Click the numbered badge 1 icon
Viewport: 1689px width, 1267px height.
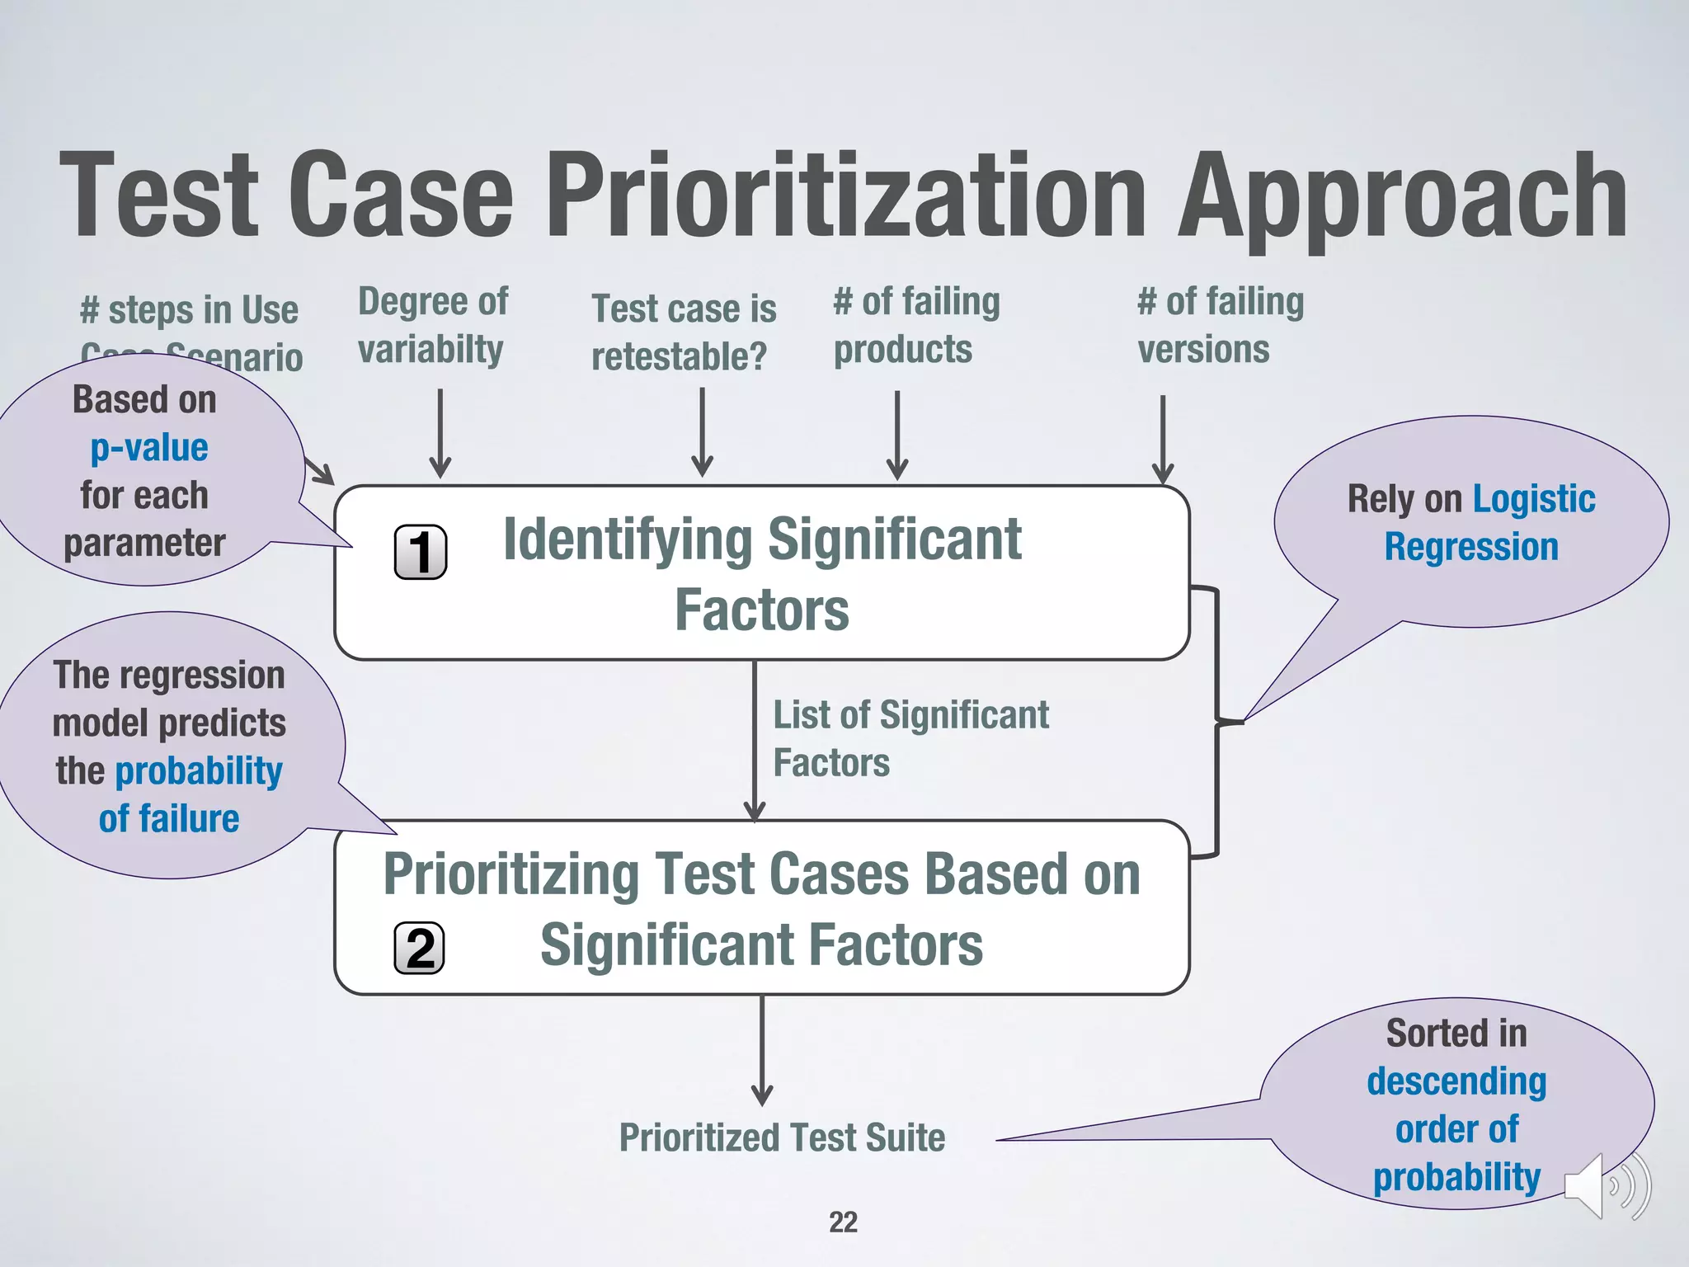pyautogui.click(x=421, y=552)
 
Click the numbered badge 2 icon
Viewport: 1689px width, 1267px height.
pyautogui.click(x=419, y=948)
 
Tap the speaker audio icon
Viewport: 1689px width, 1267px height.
pyautogui.click(x=1607, y=1186)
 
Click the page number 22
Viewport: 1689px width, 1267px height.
pyautogui.click(x=843, y=1222)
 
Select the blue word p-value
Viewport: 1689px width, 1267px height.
pyautogui.click(x=149, y=448)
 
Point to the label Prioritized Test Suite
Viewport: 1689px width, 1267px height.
pyautogui.click(x=782, y=1137)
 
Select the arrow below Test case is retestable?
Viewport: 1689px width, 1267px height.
pyautogui.click(x=702, y=432)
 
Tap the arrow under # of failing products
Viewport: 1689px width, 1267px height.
pyautogui.click(x=897, y=435)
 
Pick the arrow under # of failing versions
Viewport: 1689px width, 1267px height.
pyautogui.click(x=1162, y=439)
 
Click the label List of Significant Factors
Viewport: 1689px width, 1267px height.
pyautogui.click(x=910, y=738)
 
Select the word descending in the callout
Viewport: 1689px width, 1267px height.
pyautogui.click(x=1456, y=1081)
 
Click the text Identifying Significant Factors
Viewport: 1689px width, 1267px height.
pyautogui.click(x=762, y=574)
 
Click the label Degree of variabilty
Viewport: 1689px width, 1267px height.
pyautogui.click(x=433, y=325)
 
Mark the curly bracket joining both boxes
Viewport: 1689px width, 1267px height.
pyautogui.click(x=1217, y=722)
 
